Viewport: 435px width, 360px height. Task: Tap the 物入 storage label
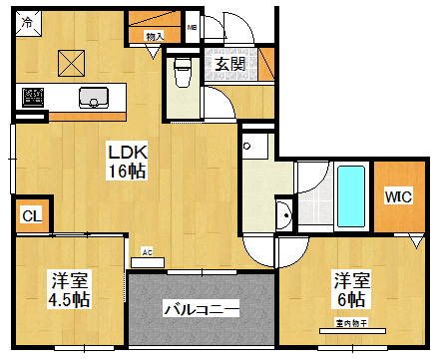tap(154, 37)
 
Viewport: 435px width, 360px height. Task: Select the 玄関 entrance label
tap(230, 65)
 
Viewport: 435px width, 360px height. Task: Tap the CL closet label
tap(31, 215)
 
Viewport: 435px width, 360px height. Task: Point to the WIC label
tap(398, 195)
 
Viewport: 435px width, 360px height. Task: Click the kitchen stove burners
tap(34, 98)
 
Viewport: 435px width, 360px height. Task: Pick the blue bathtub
tap(350, 195)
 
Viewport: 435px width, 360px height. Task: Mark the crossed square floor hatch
tap(72, 63)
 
